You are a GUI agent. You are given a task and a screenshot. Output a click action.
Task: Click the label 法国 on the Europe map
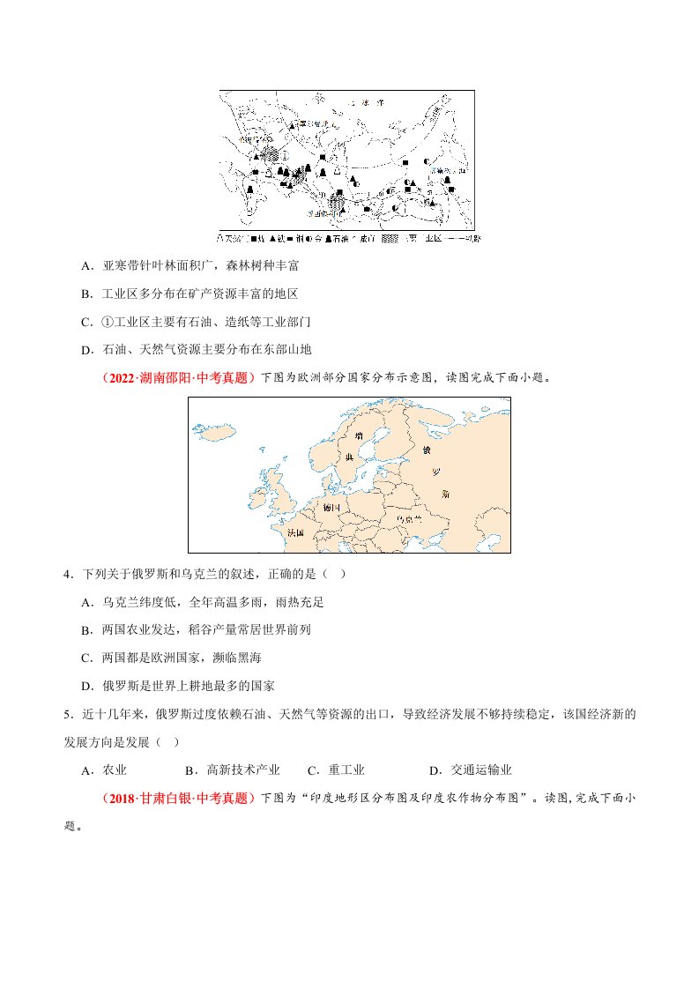[x=295, y=532]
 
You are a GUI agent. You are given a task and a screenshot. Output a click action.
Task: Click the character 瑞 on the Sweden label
[x=359, y=436]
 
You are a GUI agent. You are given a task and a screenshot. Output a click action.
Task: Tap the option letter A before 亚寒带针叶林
[x=86, y=264]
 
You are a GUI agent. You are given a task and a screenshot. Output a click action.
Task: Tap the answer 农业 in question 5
[x=115, y=770]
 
